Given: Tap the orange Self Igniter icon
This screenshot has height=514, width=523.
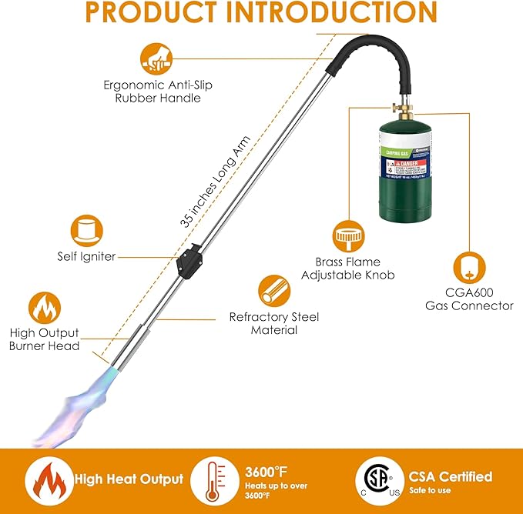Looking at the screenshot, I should point(86,229).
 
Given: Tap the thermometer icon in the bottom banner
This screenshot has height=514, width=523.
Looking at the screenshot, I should point(212,481).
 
